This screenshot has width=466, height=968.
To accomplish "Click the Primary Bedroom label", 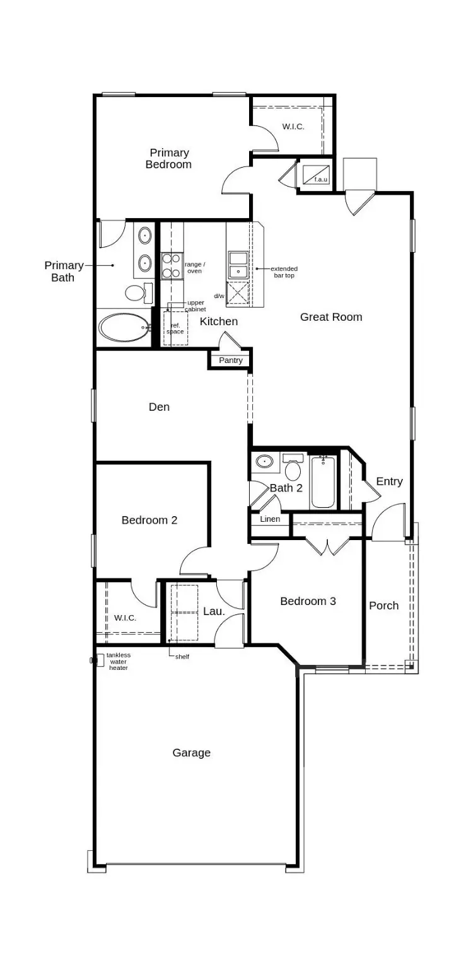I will [x=169, y=159].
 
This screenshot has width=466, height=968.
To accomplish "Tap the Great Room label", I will [x=331, y=317].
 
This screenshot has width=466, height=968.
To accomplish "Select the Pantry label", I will [x=230, y=360].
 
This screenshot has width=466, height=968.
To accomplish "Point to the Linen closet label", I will [x=270, y=519].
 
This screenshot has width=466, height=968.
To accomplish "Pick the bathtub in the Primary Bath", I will [x=124, y=328].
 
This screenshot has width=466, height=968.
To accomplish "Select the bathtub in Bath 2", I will [x=323, y=482].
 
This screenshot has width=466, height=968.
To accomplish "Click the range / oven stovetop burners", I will [x=171, y=265].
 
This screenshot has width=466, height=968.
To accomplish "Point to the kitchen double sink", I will [x=238, y=265].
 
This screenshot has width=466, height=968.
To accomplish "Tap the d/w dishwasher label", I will [x=219, y=296].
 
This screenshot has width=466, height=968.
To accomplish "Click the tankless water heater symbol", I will [x=99, y=660].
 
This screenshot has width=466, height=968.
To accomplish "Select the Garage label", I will [x=192, y=752].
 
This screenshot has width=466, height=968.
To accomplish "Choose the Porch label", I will [x=383, y=606].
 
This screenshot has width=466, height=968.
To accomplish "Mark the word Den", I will [x=159, y=407].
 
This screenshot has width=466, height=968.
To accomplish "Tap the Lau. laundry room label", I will [x=214, y=611].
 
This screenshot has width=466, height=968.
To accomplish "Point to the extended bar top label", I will [x=284, y=272].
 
